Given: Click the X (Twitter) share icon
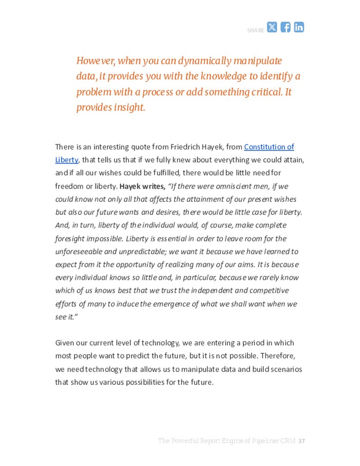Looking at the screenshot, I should pos(272,27).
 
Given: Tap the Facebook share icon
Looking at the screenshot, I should pos(286,27).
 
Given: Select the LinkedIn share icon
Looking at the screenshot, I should pos(299,27).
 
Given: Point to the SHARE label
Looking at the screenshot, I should pos(255,30).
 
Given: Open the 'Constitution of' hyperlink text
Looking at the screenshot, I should pos(269,146).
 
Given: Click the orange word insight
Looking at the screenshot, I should pos(128,107).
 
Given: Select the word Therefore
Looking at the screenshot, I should pos(278,356).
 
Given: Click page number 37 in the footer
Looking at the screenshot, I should pos(302,440).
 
